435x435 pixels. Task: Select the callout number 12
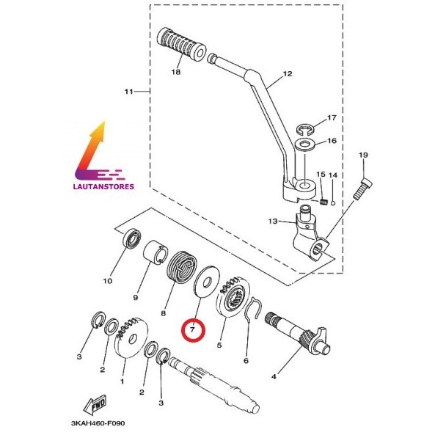click(x=286, y=74)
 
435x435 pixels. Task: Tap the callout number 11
click(x=129, y=92)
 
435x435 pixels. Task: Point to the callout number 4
click(x=274, y=377)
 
